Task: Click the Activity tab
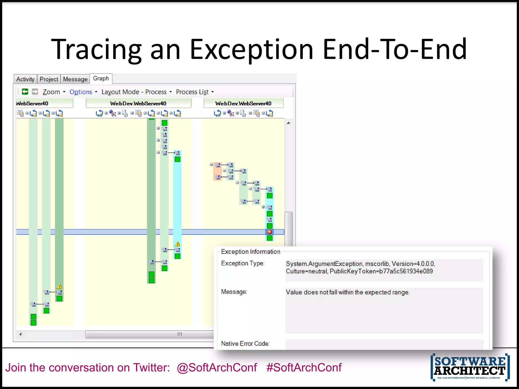[x=25, y=79]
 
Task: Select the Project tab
[x=49, y=79]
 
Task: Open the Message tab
[x=75, y=79]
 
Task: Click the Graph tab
[x=101, y=79]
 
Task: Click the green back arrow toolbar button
[x=25, y=92]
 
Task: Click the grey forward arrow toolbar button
[x=35, y=92]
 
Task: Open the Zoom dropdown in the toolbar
[x=54, y=92]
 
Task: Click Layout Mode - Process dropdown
[x=136, y=92]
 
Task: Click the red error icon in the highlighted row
[x=269, y=232]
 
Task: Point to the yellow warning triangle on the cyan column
[x=177, y=244]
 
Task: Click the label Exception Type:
[x=243, y=263]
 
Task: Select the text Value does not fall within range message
[x=347, y=292]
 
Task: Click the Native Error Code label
[x=245, y=344]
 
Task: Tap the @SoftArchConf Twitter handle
[x=217, y=367]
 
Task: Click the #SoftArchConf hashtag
[x=304, y=367]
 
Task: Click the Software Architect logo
[x=470, y=367]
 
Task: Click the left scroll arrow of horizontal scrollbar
[x=21, y=334]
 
